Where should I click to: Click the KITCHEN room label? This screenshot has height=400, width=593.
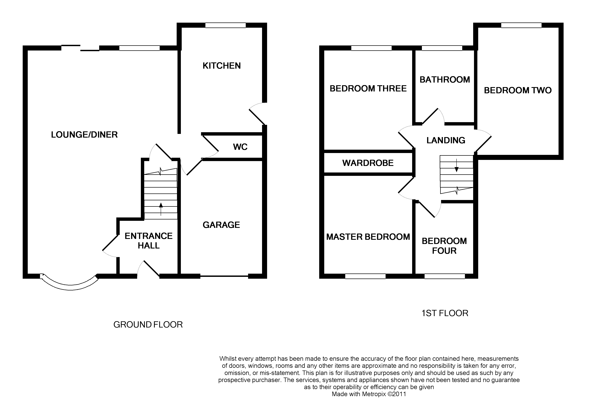point(222,66)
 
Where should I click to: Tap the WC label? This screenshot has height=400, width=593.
point(240,147)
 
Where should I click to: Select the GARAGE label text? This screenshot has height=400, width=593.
point(221,225)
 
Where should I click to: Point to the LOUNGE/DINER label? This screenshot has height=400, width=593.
point(84,135)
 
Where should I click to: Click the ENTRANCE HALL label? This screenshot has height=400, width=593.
point(149,241)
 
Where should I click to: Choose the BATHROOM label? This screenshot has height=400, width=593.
point(445,80)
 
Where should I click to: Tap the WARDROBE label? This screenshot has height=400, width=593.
point(368,163)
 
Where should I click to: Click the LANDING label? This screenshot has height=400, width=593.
point(446,140)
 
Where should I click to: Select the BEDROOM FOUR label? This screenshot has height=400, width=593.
point(444,246)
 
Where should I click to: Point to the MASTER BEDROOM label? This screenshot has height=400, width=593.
point(368,237)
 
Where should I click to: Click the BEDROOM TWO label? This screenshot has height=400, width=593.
point(518,90)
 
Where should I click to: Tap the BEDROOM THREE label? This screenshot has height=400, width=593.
point(368,89)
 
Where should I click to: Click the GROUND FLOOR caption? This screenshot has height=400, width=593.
point(148,325)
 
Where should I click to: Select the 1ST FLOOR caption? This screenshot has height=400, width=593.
point(445,313)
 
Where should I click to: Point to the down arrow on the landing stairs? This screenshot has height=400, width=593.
point(457,165)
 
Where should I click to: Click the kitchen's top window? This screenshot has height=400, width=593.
point(226,25)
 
